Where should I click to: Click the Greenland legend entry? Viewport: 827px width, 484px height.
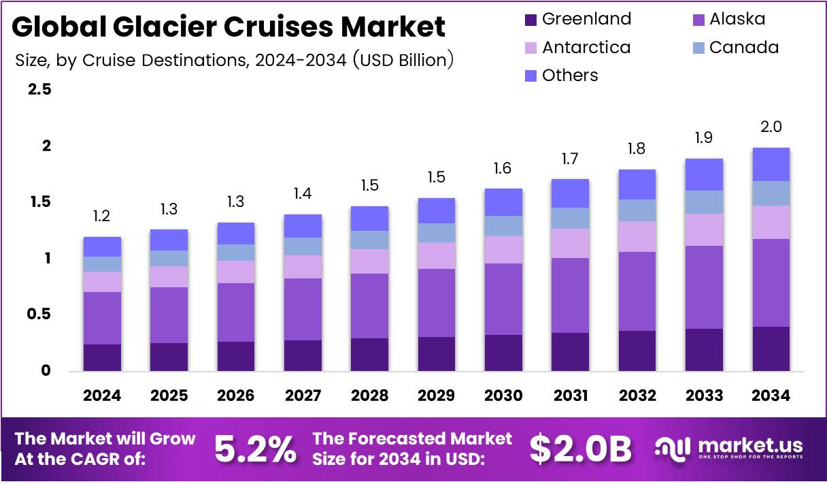pyautogui.click(x=578, y=19)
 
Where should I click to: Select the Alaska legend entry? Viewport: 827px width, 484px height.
pyautogui.click(x=728, y=19)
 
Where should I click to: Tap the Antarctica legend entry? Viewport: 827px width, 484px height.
pyautogui.click(x=578, y=48)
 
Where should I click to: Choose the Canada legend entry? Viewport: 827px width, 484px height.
pyautogui.click(x=735, y=48)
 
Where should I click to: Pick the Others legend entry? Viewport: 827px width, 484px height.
pyautogui.click(x=562, y=76)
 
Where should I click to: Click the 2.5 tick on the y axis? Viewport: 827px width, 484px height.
pyautogui.click(x=39, y=90)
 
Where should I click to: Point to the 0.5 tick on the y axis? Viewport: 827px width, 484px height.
pyautogui.click(x=39, y=314)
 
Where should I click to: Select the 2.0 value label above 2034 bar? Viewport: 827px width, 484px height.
pyautogui.click(x=771, y=127)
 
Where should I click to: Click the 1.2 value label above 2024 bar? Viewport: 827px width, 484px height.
pyautogui.click(x=102, y=216)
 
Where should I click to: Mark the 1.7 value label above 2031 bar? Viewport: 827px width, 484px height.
pyautogui.click(x=570, y=159)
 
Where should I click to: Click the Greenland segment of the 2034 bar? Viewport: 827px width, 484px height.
pyautogui.click(x=771, y=349)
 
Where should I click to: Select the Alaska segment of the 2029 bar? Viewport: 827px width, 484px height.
pyautogui.click(x=437, y=303)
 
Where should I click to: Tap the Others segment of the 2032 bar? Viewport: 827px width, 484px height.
pyautogui.click(x=637, y=184)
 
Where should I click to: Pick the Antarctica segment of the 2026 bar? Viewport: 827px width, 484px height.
pyautogui.click(x=235, y=272)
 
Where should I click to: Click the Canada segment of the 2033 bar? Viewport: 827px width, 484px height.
pyautogui.click(x=704, y=202)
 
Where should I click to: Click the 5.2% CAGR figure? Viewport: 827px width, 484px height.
pyautogui.click(x=255, y=449)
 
